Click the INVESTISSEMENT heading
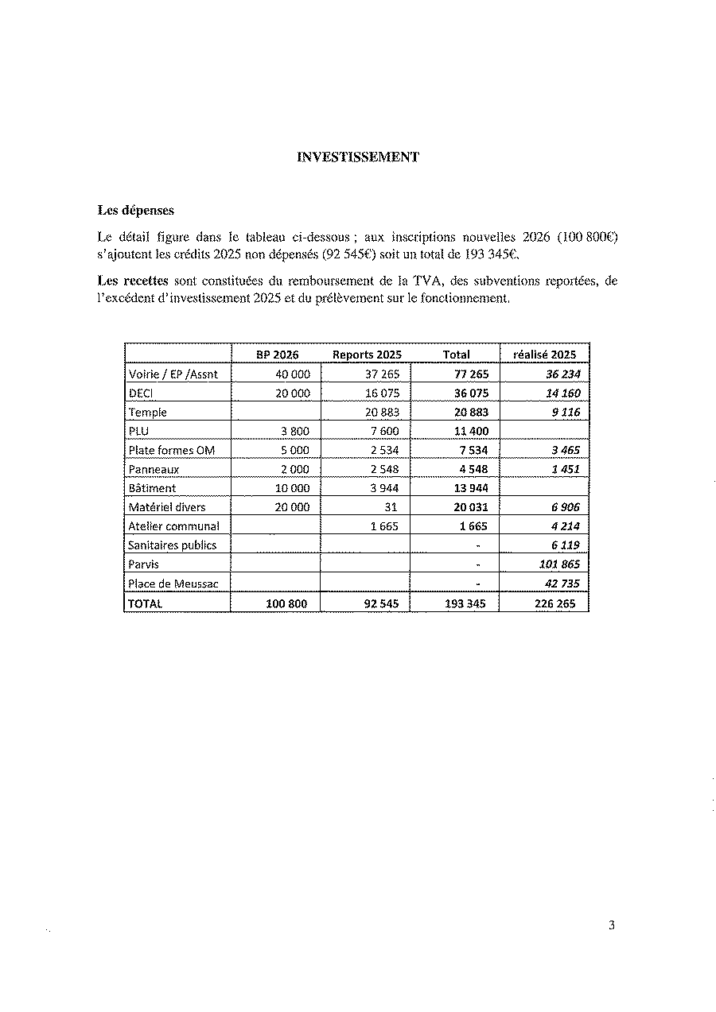tap(358, 157)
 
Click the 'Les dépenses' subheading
tap(136, 211)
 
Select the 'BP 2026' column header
tap(277, 355)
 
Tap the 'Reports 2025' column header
tap(367, 355)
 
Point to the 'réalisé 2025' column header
tap(544, 355)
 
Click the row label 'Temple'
tap(148, 412)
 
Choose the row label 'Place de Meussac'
tap(173, 584)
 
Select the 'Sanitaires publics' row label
tap(172, 545)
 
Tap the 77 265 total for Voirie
tap(471, 374)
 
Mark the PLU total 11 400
tap(471, 431)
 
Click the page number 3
tap(611, 925)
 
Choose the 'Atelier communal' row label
tap(173, 526)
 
